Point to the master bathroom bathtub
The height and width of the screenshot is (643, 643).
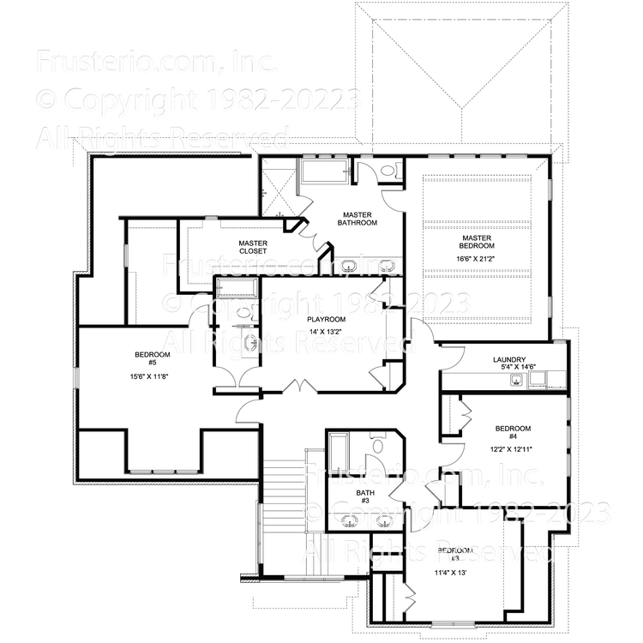(x=323, y=175)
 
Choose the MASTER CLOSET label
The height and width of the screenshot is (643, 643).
(x=254, y=248)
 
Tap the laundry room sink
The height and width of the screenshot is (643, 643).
(x=518, y=381)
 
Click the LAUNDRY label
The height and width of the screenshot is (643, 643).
(x=509, y=360)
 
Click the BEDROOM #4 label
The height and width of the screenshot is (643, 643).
(x=514, y=434)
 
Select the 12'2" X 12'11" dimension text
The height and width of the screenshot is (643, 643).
(x=514, y=449)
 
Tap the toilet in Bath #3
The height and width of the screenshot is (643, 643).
(x=376, y=445)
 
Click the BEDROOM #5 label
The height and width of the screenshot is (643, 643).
(x=152, y=359)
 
